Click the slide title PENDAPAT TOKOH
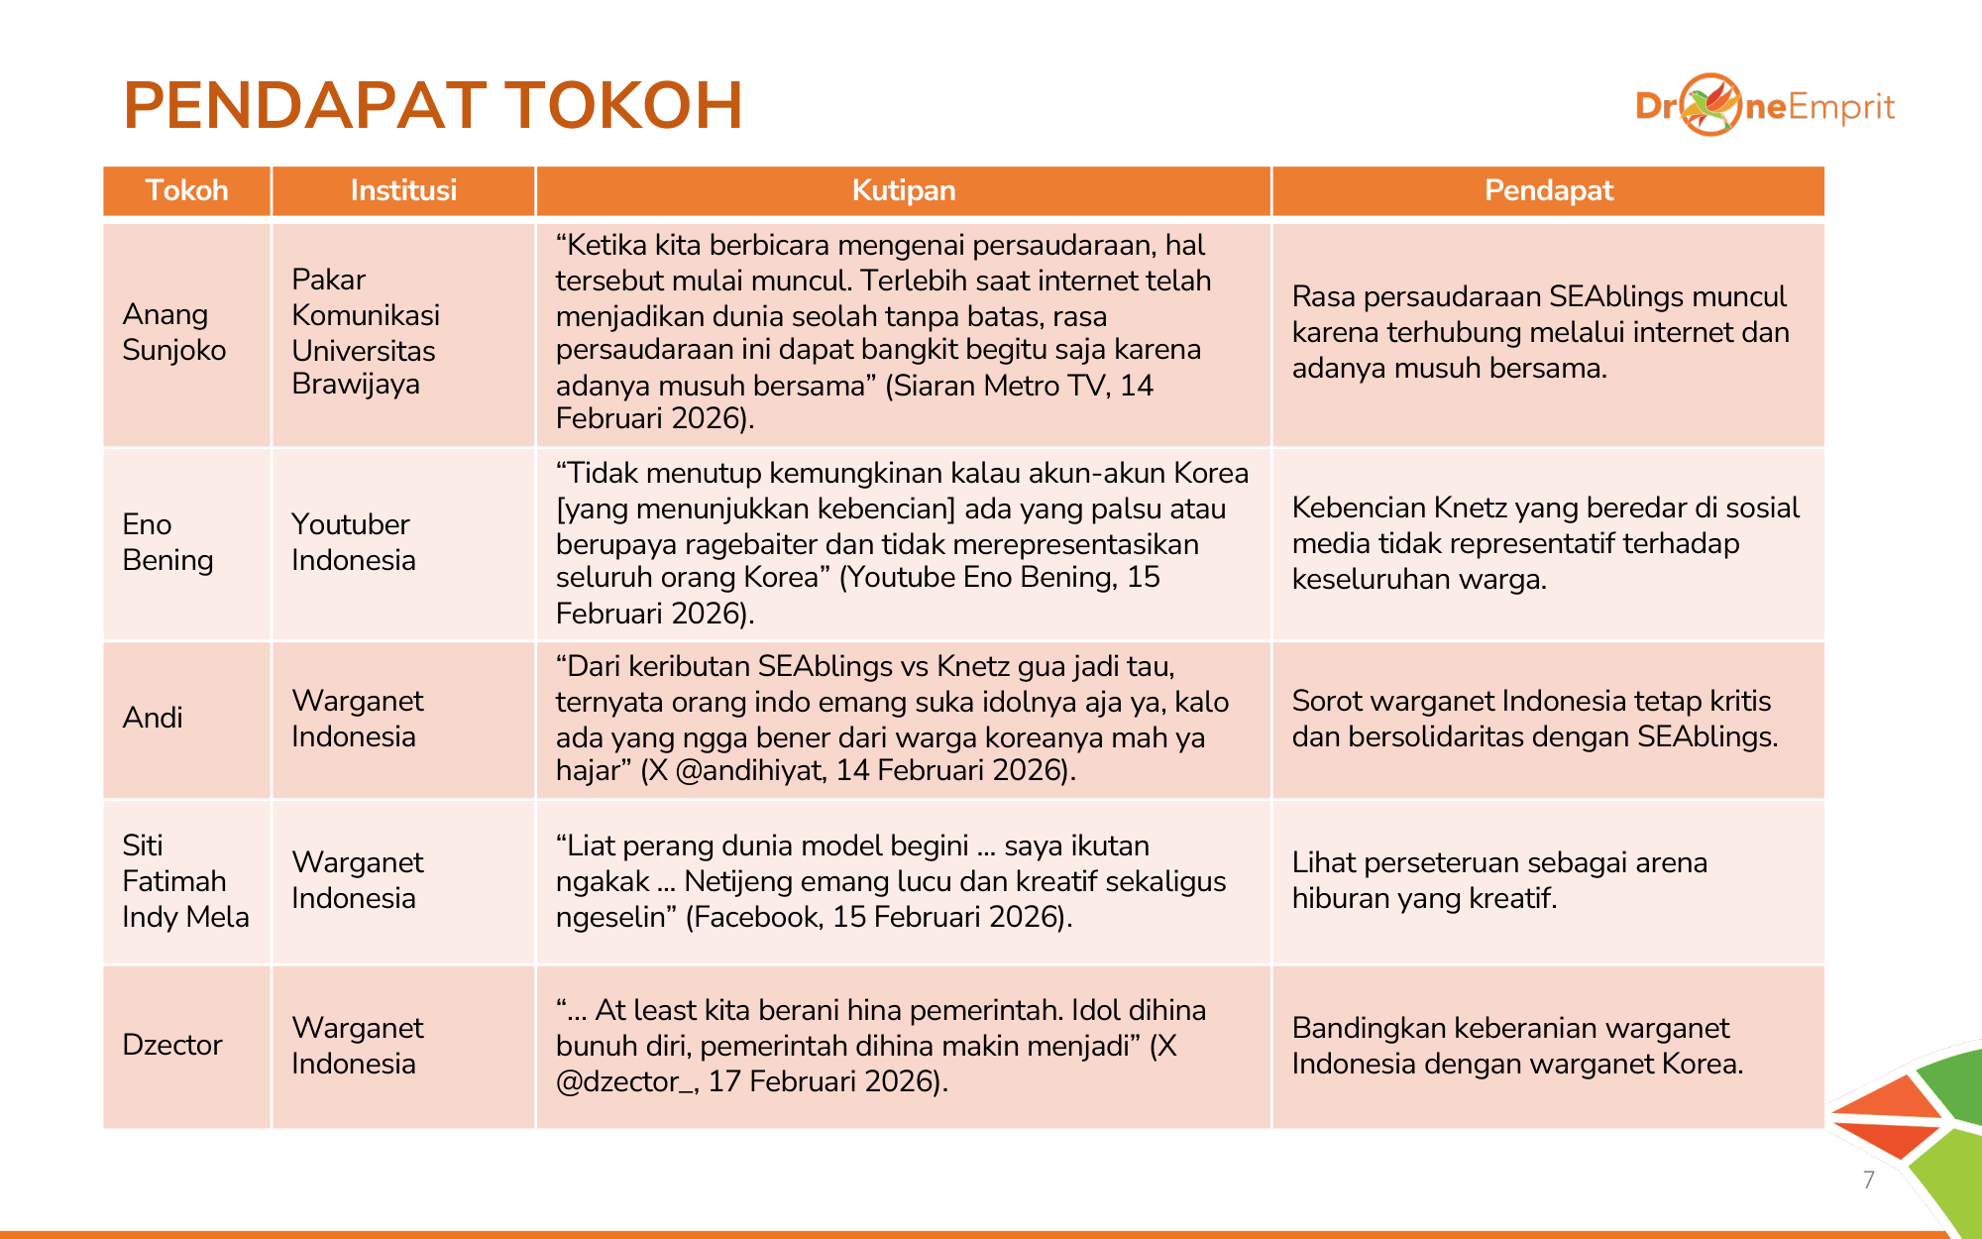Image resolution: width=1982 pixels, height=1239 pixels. (x=433, y=105)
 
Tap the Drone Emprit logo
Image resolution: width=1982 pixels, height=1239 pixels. (x=1764, y=105)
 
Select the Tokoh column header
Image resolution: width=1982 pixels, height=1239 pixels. (x=186, y=190)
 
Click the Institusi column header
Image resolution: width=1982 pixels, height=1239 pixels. (x=403, y=190)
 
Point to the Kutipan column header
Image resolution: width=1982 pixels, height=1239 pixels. (x=903, y=190)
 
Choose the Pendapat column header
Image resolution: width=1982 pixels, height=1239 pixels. (x=1548, y=190)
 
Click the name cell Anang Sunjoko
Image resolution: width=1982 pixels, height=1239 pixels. (x=174, y=332)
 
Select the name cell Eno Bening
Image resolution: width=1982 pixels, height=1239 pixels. (x=167, y=542)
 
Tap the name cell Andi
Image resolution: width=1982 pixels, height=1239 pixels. (x=153, y=718)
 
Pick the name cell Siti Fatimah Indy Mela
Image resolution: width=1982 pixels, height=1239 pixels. (x=185, y=881)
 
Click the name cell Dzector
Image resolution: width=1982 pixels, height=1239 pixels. (x=172, y=1045)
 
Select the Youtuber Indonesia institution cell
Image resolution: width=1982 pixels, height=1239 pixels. (x=353, y=542)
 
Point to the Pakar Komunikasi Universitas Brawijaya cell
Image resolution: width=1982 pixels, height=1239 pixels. (x=365, y=332)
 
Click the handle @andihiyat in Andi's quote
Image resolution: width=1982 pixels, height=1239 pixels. (x=749, y=771)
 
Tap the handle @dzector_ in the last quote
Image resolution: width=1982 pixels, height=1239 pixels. (x=625, y=1081)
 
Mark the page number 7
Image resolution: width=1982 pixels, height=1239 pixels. (x=1868, y=1180)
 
